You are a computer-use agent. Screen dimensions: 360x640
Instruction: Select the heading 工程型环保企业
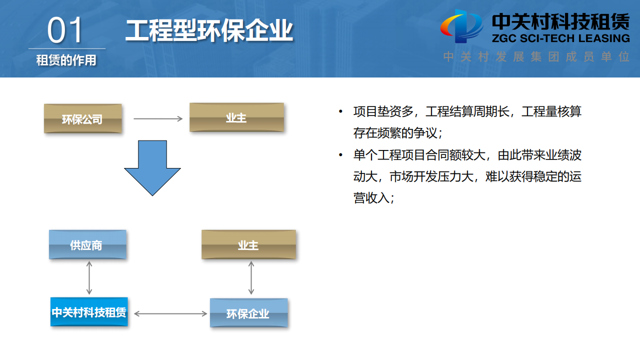click(x=209, y=30)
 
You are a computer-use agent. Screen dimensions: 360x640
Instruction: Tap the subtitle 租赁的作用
click(x=66, y=60)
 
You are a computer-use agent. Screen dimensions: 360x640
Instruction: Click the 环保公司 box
click(x=82, y=118)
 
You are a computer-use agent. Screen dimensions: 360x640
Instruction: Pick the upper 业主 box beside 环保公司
click(x=236, y=117)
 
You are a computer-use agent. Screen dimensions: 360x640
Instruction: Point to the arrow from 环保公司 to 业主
click(x=158, y=119)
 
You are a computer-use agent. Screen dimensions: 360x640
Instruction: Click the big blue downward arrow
click(x=152, y=167)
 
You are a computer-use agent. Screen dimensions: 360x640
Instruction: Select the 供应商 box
click(x=87, y=244)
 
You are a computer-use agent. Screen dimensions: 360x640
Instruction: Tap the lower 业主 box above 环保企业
click(x=248, y=244)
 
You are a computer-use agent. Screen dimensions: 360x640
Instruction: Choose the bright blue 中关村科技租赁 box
click(x=89, y=312)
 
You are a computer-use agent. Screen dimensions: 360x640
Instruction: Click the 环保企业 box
click(x=248, y=313)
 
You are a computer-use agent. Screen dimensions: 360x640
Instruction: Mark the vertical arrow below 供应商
click(x=89, y=277)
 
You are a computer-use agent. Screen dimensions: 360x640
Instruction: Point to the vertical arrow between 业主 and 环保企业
click(x=251, y=277)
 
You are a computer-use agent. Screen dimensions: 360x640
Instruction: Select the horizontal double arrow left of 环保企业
click(x=170, y=313)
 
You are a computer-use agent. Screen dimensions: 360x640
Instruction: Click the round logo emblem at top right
click(x=461, y=26)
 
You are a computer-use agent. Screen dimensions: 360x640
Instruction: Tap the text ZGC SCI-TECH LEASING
click(x=560, y=38)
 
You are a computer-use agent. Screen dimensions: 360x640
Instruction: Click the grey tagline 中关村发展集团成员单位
click(x=536, y=56)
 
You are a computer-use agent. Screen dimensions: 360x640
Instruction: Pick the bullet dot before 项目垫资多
click(x=341, y=111)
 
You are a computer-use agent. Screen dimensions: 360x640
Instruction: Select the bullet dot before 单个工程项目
click(x=341, y=155)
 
